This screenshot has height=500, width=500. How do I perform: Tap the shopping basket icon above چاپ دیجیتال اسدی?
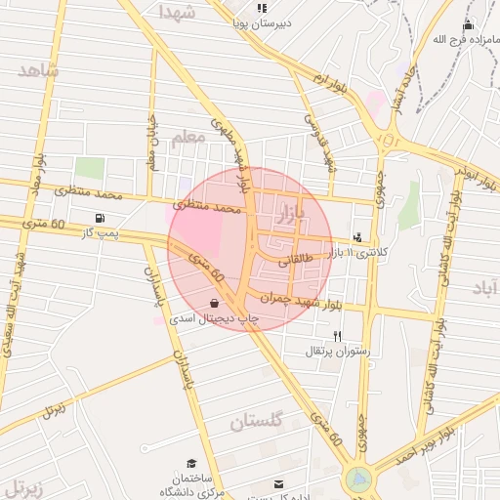(x=214, y=303)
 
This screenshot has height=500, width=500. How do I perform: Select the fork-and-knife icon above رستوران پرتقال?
(x=337, y=335)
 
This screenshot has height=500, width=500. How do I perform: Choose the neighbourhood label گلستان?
(x=256, y=422)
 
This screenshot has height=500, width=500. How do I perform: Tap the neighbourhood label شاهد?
(x=38, y=70)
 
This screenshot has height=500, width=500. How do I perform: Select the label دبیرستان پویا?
(x=261, y=21)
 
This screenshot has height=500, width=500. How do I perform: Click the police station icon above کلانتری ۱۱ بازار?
(x=357, y=236)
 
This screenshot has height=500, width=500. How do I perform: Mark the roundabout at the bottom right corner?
(x=358, y=479)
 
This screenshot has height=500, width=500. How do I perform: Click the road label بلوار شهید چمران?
(x=302, y=301)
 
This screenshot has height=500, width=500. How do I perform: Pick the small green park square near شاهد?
(x=89, y=167)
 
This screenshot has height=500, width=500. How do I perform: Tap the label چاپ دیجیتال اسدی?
(x=216, y=319)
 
